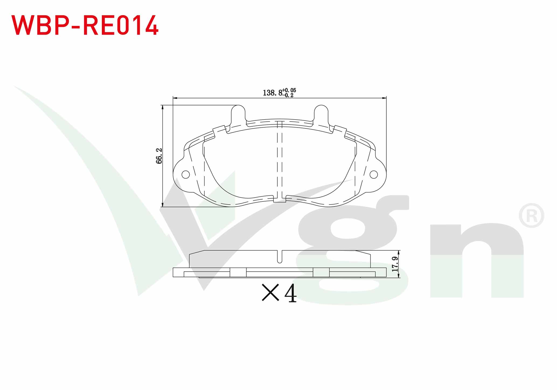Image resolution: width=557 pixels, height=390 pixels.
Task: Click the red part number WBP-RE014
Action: pyautogui.click(x=85, y=25)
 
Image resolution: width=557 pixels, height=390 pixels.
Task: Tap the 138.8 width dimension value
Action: pyautogui.click(x=273, y=93)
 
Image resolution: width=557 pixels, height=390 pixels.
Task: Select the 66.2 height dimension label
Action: pyautogui.click(x=159, y=156)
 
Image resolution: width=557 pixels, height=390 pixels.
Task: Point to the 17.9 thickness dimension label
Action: pyautogui.click(x=395, y=264)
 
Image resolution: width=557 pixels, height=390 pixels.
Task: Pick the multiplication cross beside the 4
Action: pyautogui.click(x=270, y=293)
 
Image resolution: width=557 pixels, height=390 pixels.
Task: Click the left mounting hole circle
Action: pyautogui.click(x=186, y=175)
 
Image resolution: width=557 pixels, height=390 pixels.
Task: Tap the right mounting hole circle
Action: pyautogui.click(x=374, y=175)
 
